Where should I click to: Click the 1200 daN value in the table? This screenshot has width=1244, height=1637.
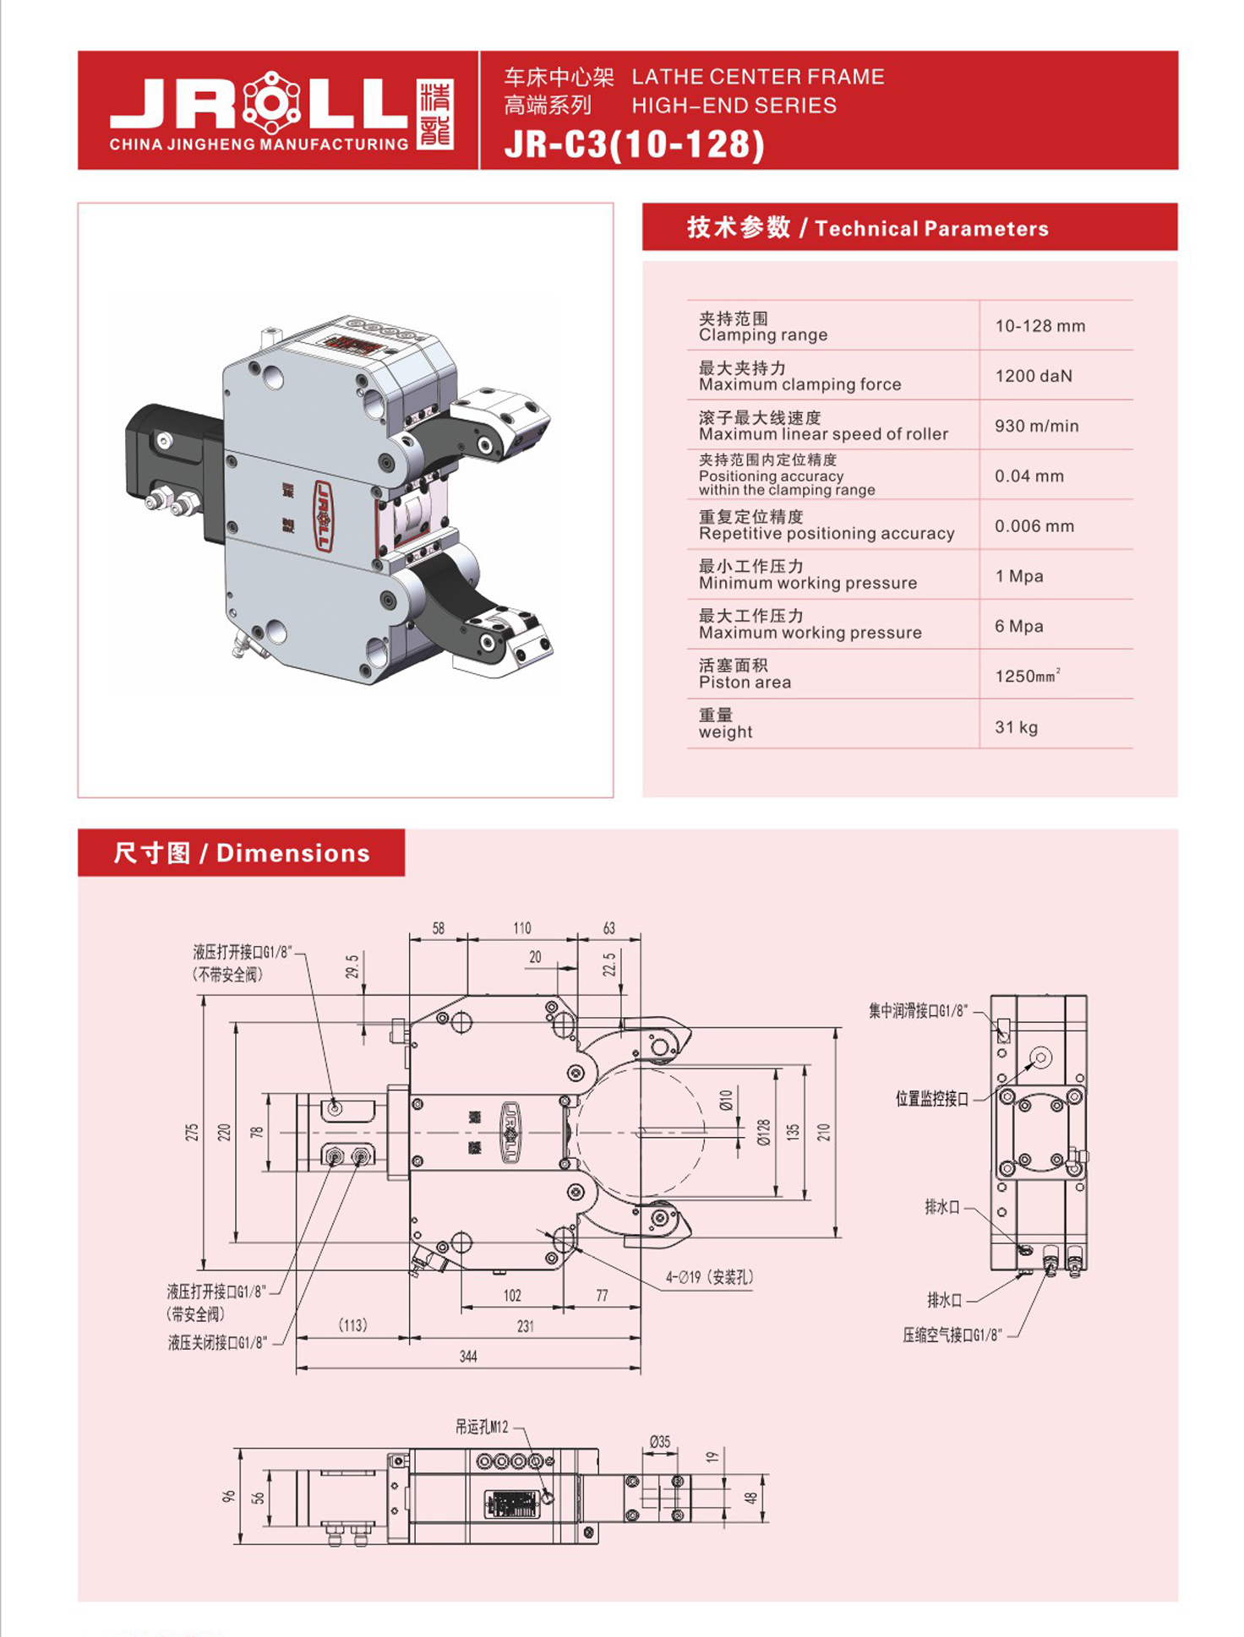click(x=1033, y=376)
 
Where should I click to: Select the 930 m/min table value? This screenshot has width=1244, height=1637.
click(x=1036, y=426)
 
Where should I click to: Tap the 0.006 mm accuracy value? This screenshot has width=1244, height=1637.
click(x=1034, y=525)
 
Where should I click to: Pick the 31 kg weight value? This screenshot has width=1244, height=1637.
click(x=1016, y=726)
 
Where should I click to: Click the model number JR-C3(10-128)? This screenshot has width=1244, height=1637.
click(x=634, y=144)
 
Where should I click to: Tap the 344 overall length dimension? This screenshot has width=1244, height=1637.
click(x=468, y=1357)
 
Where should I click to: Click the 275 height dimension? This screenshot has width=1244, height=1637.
click(x=193, y=1132)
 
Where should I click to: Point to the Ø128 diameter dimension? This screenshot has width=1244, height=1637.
click(x=764, y=1132)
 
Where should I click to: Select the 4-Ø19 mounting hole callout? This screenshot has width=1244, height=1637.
click(x=709, y=1277)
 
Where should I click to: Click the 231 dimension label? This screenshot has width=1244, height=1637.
click(x=525, y=1326)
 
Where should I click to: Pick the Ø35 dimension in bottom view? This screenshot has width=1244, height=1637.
click(x=659, y=1442)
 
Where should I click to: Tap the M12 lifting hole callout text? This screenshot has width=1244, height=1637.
click(x=482, y=1427)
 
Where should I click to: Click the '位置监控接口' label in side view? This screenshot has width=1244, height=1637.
click(x=931, y=1098)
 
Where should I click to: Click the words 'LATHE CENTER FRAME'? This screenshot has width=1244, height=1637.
click(x=757, y=77)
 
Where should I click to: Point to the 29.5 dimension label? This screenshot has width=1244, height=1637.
click(x=352, y=965)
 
